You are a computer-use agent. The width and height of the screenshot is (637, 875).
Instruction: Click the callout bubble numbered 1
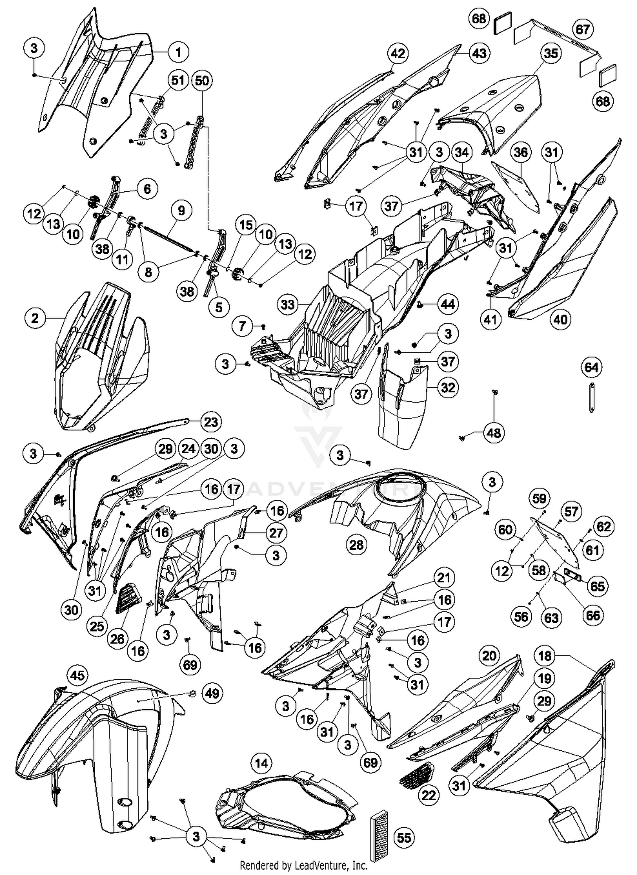tap(178, 52)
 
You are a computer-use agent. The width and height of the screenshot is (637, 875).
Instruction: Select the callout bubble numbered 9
tap(181, 210)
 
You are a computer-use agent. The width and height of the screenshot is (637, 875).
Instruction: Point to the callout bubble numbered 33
tap(288, 304)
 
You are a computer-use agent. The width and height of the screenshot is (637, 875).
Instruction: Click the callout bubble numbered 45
tap(77, 675)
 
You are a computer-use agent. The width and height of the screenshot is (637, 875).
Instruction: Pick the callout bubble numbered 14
tap(261, 763)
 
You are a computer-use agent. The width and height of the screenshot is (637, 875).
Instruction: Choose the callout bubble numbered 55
tap(404, 838)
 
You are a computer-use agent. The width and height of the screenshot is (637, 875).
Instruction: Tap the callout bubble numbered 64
tap(592, 367)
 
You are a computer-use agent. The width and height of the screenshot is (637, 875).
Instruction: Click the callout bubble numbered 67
tap(583, 30)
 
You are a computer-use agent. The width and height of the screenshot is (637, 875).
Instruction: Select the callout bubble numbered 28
tap(356, 545)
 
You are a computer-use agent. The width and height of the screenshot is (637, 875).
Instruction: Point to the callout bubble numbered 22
tap(428, 795)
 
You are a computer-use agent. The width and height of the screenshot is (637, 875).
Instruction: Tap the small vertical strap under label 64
tap(591, 397)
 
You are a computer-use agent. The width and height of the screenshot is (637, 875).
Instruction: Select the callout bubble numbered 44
tap(448, 304)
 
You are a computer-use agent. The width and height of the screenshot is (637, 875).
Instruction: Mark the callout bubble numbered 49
tap(212, 693)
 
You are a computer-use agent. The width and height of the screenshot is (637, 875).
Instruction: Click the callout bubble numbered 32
tap(448, 388)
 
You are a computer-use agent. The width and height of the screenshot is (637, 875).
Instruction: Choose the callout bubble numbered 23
tap(211, 422)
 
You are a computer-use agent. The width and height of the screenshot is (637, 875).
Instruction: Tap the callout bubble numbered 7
tap(242, 326)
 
